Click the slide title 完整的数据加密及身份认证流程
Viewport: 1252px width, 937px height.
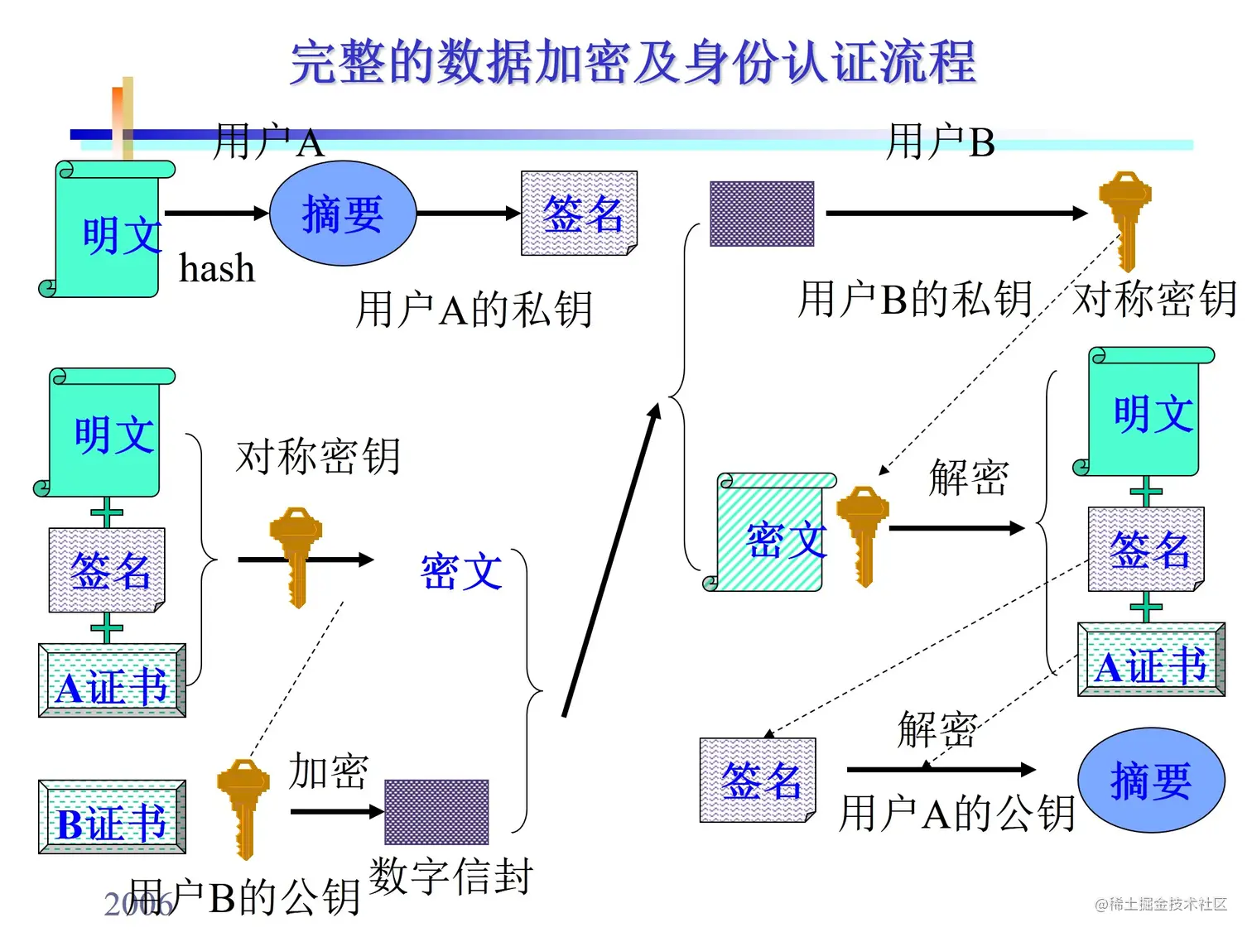tap(633, 62)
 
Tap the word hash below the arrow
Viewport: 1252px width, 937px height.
tap(217, 269)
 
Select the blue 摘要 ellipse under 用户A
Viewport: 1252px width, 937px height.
tap(343, 214)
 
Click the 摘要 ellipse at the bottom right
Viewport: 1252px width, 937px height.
tap(1151, 781)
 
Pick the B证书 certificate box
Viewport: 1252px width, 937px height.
tap(112, 818)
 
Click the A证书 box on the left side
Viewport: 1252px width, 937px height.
tap(112, 681)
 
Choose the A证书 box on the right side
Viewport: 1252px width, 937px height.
tap(1151, 661)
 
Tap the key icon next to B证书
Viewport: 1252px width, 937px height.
tap(243, 807)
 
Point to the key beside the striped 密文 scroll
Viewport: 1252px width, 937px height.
tap(863, 534)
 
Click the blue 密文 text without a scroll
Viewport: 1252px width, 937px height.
tap(461, 572)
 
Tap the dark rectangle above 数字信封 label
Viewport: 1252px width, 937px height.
tap(436, 812)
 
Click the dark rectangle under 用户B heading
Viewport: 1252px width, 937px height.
tap(762, 214)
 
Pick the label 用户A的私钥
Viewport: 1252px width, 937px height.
tap(474, 310)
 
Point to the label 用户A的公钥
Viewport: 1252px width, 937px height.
tap(956, 813)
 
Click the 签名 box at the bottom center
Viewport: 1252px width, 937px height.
tap(758, 781)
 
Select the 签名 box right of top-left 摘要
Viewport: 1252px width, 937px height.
tap(579, 214)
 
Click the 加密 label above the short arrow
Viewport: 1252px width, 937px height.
tap(328, 771)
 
